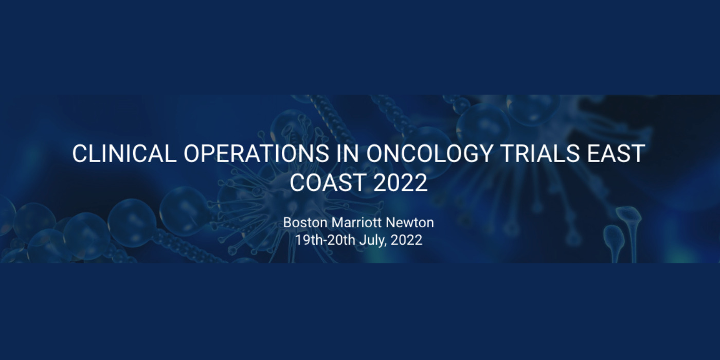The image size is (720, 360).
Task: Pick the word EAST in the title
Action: [619, 154]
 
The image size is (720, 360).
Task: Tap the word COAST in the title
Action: [328, 183]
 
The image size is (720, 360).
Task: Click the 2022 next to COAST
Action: [401, 183]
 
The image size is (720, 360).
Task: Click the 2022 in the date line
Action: [406, 240]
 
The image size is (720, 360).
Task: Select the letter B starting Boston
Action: [287, 223]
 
